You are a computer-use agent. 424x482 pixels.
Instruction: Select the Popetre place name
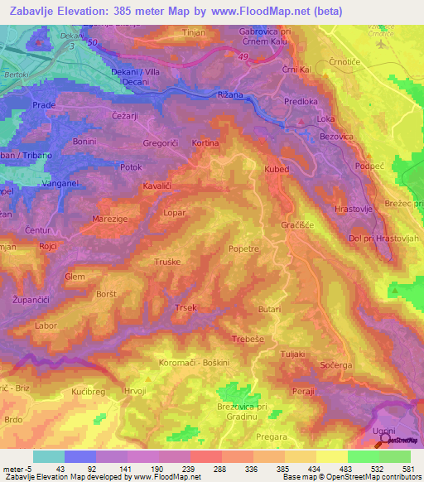coord(243,248)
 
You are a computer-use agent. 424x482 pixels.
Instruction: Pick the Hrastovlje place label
coord(355,210)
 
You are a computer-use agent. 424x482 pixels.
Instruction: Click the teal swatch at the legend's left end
coord(49,456)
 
